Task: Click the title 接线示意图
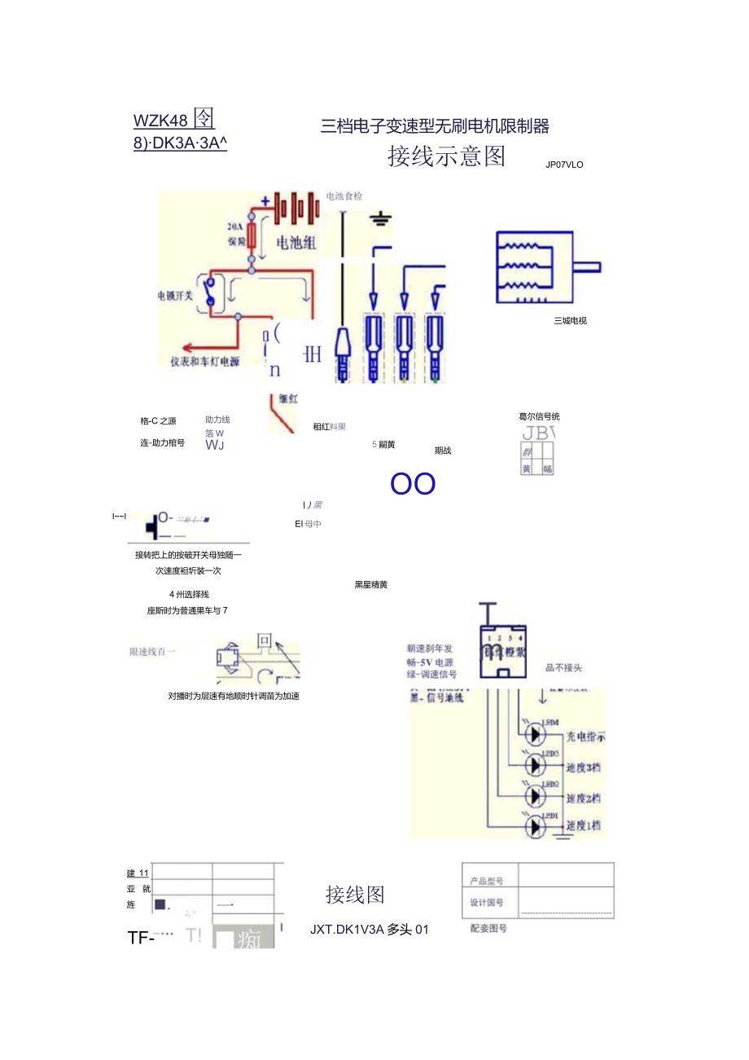tap(446, 156)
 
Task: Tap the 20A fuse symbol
tap(252, 236)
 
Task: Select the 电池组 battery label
tap(296, 242)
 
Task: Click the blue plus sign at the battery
tap(265, 201)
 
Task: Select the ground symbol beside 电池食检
tap(381, 218)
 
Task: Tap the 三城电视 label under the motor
tap(570, 320)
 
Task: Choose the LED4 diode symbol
tap(535, 734)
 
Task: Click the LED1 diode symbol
tap(535, 826)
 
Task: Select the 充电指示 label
tap(585, 737)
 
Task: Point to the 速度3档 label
tap(583, 768)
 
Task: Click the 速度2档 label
tap(583, 798)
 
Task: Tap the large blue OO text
tap(413, 484)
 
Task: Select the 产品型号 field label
tap(487, 881)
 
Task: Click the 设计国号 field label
tap(487, 903)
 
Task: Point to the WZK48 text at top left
tap(160, 121)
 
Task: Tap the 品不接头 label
tap(563, 668)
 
